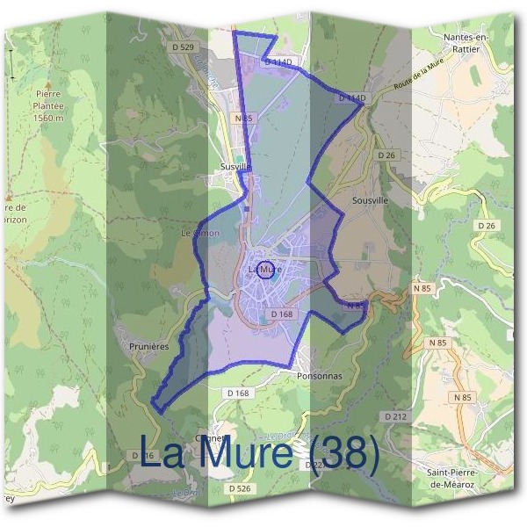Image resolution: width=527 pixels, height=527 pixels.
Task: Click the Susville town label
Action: click(x=236, y=164)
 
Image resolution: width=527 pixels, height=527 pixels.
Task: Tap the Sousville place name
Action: click(x=369, y=200)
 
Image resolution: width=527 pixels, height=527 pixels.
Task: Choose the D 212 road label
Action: click(x=394, y=415)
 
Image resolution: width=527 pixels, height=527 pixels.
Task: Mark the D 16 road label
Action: click(x=145, y=456)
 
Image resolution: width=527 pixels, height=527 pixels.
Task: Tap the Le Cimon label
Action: click(x=199, y=233)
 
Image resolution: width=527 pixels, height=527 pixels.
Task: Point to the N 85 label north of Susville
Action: click(x=243, y=116)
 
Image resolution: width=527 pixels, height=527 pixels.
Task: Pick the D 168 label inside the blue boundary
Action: click(x=281, y=313)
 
